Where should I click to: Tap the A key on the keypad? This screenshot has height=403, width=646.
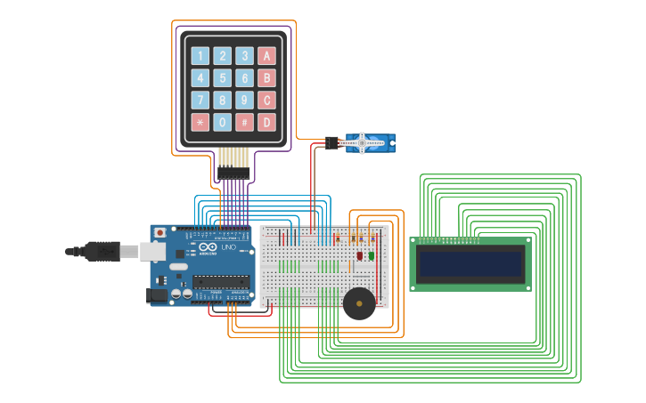[x=266, y=56]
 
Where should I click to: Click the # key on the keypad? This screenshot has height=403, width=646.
[x=244, y=122]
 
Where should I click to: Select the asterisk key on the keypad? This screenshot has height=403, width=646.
[x=200, y=122]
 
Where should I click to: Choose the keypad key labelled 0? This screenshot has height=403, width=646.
[x=222, y=122]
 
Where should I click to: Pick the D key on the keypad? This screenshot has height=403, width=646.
[x=266, y=122]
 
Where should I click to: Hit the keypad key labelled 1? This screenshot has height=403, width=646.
[x=200, y=56]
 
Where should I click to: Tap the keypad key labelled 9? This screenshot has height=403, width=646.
[x=244, y=100]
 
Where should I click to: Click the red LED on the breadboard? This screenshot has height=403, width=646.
[x=360, y=256]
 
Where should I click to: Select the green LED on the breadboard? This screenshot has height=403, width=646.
[x=372, y=256]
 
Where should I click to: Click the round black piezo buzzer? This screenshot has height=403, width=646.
[x=359, y=303]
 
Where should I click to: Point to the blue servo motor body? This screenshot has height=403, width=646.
[x=370, y=142]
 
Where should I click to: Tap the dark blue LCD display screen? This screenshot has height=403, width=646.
[x=470, y=264]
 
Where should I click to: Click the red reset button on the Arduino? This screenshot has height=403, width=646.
[x=159, y=232]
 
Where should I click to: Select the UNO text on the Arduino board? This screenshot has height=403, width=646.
[x=229, y=247]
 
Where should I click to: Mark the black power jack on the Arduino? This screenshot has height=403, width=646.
[x=157, y=294]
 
